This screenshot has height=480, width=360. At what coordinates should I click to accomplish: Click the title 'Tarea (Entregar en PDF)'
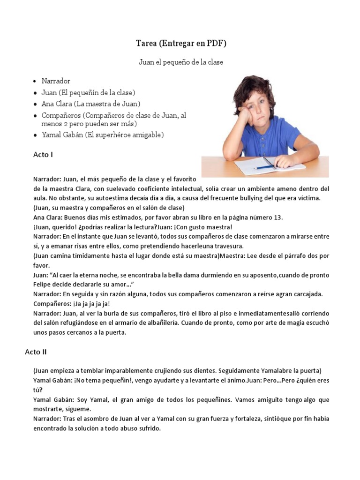coord(181,44)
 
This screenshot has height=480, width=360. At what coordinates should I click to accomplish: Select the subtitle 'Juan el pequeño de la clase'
coord(181,62)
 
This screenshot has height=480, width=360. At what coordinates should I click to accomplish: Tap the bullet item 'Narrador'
coord(56,81)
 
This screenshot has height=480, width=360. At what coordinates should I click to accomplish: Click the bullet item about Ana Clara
coord(91,104)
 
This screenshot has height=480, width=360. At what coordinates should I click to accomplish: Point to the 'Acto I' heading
coord(43,154)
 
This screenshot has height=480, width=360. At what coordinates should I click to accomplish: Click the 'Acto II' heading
coord(36,352)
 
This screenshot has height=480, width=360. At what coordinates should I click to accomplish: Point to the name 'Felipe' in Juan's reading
coord(44,284)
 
